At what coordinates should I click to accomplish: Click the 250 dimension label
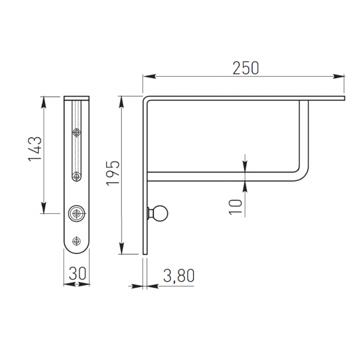tap(245, 68)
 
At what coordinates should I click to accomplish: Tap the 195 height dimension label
tap(113, 172)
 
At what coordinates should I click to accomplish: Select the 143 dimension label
tap(35, 149)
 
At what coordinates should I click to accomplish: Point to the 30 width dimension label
tap(77, 273)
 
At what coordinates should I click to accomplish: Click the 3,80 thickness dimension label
tap(179, 275)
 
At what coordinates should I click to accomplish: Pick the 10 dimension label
tap(236, 207)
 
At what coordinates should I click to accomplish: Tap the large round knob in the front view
tap(76, 214)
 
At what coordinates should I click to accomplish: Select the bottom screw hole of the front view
tap(76, 241)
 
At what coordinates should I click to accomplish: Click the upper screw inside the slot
tap(77, 132)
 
